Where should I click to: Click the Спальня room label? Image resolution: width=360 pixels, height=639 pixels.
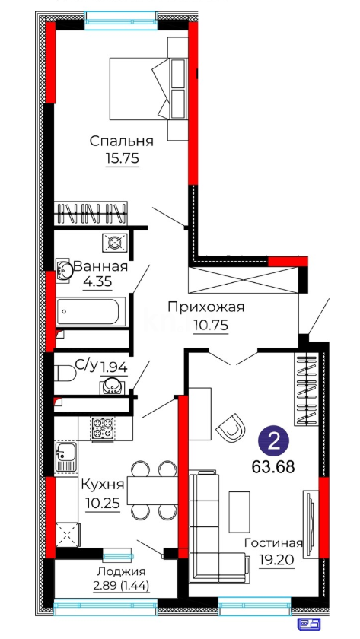coord(122,141)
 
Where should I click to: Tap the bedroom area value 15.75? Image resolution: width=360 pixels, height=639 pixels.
coord(123,158)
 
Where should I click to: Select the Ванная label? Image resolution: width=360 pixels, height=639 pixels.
coord(101,267)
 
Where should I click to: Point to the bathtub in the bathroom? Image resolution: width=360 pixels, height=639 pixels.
coord(91,312)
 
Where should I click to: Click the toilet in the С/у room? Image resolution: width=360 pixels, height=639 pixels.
coord(65,373)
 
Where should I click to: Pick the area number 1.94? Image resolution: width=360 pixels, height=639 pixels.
coord(113,368)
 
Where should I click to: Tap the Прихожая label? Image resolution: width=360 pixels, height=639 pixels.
coord(206,307)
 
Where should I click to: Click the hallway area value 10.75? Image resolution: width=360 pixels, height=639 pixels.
coord(211,326)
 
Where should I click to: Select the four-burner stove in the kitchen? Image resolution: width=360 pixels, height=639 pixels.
coord(102,428)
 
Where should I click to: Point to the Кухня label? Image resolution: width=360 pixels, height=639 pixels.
coord(102,485)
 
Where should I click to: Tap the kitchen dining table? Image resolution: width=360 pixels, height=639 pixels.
coord(152,490)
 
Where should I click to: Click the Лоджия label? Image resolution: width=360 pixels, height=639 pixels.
coord(122,572)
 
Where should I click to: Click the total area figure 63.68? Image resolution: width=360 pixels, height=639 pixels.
coord(273,467)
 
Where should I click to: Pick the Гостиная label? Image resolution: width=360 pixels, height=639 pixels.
coord(273,543)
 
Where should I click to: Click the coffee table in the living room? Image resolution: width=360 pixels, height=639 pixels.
coord(239,512)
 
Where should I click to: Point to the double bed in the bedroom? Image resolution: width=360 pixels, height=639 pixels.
coord(139,89)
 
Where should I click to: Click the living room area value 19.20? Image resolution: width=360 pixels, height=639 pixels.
coord(276,561)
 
